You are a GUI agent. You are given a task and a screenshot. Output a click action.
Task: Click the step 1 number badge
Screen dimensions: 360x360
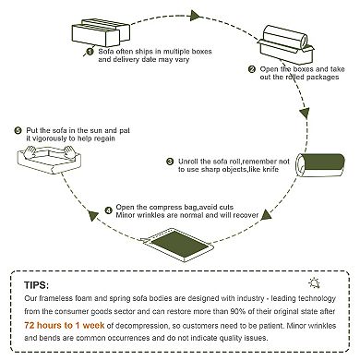tap(90, 52)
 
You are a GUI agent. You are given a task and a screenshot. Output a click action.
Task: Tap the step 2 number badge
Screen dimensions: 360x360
tap(252, 69)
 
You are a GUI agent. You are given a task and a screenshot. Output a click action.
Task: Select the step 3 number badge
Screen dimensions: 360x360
tap(170, 162)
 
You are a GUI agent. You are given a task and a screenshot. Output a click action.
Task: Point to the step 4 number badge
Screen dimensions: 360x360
tap(108, 210)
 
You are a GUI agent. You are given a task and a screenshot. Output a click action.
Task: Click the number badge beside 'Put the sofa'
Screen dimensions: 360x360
tap(18, 130)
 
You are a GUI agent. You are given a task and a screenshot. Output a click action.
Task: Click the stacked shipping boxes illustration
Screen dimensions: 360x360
tap(101, 32)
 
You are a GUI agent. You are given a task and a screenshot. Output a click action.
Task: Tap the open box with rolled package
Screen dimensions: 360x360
tap(286, 43)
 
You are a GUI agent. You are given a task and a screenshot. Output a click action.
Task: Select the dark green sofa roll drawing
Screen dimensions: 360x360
tap(320, 165)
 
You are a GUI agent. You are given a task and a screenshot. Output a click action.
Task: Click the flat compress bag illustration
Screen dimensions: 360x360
tap(177, 245)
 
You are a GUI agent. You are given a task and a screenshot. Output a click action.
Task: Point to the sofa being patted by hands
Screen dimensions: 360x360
tap(48, 160)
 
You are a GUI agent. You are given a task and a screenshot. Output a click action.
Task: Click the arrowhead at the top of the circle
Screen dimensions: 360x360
tap(196, 16)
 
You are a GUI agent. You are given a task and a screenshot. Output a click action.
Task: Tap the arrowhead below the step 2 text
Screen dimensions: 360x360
tap(305, 114)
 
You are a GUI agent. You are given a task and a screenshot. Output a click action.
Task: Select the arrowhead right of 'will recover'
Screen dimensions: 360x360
tap(267, 215)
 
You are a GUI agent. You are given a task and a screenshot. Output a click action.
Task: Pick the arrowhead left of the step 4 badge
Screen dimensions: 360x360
tap(92, 216)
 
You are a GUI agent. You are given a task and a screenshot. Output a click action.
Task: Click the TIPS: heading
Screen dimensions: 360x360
tap(36, 285)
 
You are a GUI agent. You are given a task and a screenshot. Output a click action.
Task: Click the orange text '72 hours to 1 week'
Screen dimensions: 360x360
tap(65, 325)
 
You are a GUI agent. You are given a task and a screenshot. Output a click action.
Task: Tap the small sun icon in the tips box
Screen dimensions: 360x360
tap(314, 282)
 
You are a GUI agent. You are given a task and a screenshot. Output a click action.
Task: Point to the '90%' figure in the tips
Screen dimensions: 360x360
tap(238, 311)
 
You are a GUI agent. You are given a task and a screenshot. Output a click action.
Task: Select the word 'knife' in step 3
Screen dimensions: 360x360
tap(270, 169)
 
